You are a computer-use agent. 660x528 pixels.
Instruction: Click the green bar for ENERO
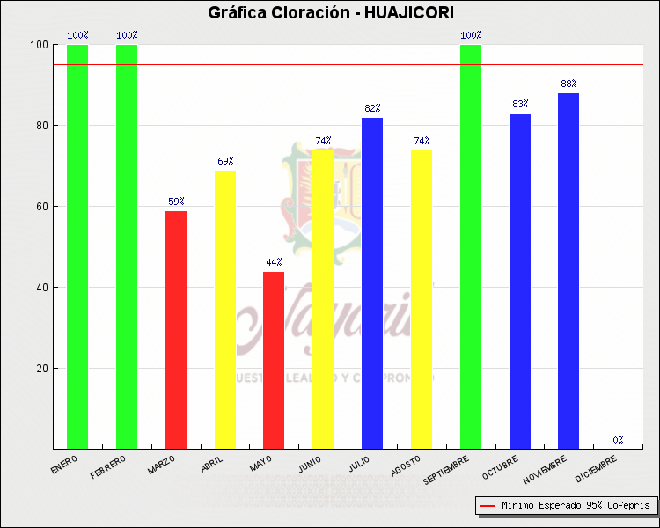pyautogui.click(x=77, y=246)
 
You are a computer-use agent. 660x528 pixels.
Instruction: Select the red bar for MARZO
pyautogui.click(x=176, y=330)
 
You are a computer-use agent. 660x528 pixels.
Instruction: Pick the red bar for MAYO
pyautogui.click(x=274, y=360)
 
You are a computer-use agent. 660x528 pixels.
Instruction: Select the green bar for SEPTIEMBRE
pyautogui.click(x=471, y=246)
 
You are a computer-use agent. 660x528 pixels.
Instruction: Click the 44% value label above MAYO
pyautogui.click(x=274, y=262)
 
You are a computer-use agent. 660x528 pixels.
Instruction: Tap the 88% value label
pyautogui.click(x=568, y=84)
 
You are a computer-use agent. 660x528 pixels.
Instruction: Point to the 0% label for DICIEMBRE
pyautogui.click(x=618, y=439)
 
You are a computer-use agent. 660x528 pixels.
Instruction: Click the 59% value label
pyautogui.click(x=176, y=202)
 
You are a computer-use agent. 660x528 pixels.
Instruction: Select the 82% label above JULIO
pyautogui.click(x=372, y=108)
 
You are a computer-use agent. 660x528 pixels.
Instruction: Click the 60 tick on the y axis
pyautogui.click(x=41, y=207)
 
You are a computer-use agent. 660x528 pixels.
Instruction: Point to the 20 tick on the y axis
pyautogui.click(x=41, y=369)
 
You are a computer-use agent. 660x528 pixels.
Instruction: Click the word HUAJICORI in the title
pyautogui.click(x=409, y=12)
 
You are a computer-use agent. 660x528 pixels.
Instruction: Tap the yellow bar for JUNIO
pyautogui.click(x=323, y=299)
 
